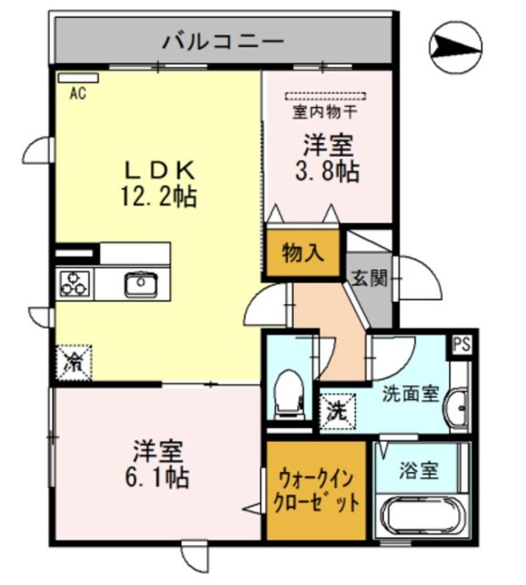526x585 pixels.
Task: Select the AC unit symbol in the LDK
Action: [x=77, y=79]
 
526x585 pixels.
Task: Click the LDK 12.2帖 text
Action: [x=160, y=183]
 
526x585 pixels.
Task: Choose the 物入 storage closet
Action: [x=303, y=253]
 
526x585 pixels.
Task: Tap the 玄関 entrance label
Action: [x=369, y=278]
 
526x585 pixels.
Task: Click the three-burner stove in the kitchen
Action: [x=75, y=284]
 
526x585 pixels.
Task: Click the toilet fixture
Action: [x=288, y=392]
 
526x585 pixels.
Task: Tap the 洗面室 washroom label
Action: [x=411, y=394]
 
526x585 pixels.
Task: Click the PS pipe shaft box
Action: [x=461, y=344]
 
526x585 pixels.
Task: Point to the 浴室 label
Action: [x=420, y=469]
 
